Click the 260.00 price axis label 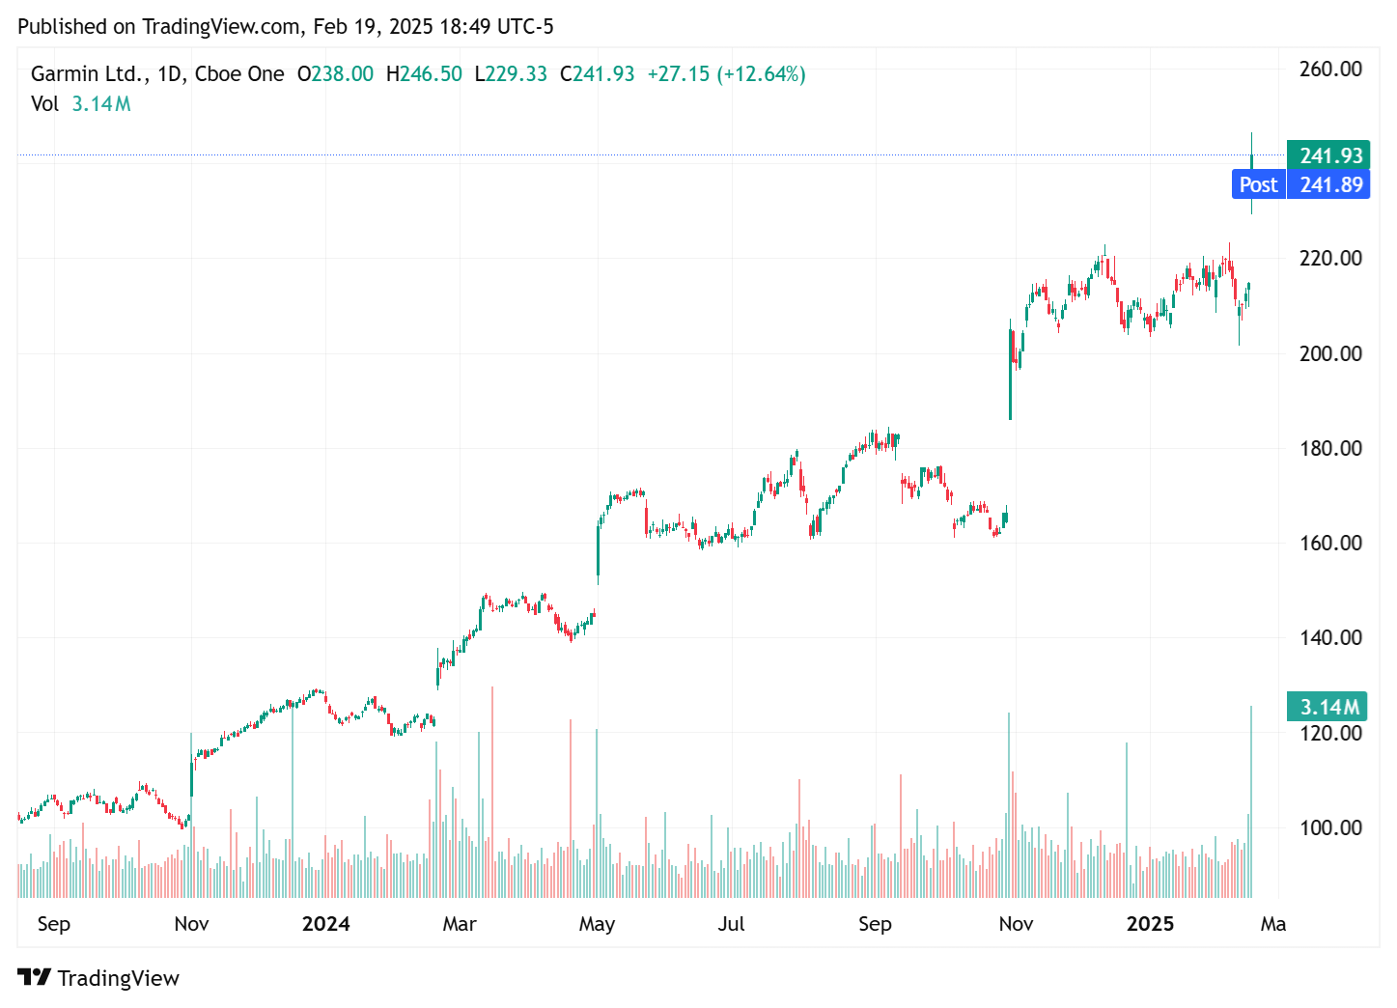(x=1330, y=69)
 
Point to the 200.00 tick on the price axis (x=1330, y=353)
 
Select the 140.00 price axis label (x=1330, y=637)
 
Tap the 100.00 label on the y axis (x=1330, y=827)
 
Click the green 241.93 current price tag (x=1329, y=155)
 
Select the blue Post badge (x=1258, y=184)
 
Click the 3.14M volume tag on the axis (x=1328, y=707)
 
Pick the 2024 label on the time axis (x=325, y=924)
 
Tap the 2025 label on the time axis (x=1150, y=924)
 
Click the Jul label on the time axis (x=731, y=924)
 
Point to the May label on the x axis (x=597, y=924)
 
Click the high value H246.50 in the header (x=424, y=74)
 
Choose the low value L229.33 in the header (x=511, y=74)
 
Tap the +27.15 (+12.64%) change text (x=726, y=74)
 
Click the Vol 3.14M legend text (x=81, y=104)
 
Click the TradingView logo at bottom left (x=98, y=978)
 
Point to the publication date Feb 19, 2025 (x=373, y=26)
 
